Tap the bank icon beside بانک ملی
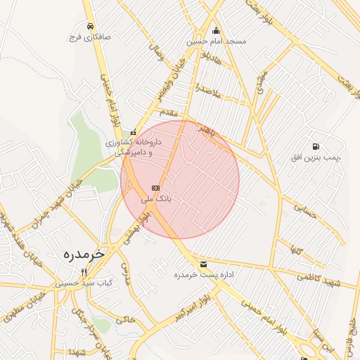[155, 188]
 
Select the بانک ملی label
[156, 200]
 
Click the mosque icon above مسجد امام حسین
[216, 30]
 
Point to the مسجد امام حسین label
[216, 41]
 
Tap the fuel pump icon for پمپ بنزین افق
[315, 146]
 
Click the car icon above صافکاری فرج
[91, 27]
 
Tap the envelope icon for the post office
[203, 264]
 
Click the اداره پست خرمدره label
[203, 275]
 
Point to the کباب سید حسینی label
[84, 283]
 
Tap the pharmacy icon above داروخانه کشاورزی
[134, 131]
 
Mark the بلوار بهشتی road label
[137, 229]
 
